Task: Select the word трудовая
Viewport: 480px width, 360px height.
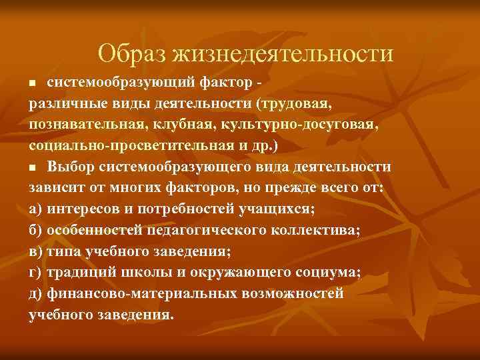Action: point(295,105)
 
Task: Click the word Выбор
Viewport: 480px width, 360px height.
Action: point(68,167)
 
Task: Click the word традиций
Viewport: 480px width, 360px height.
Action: point(81,272)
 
